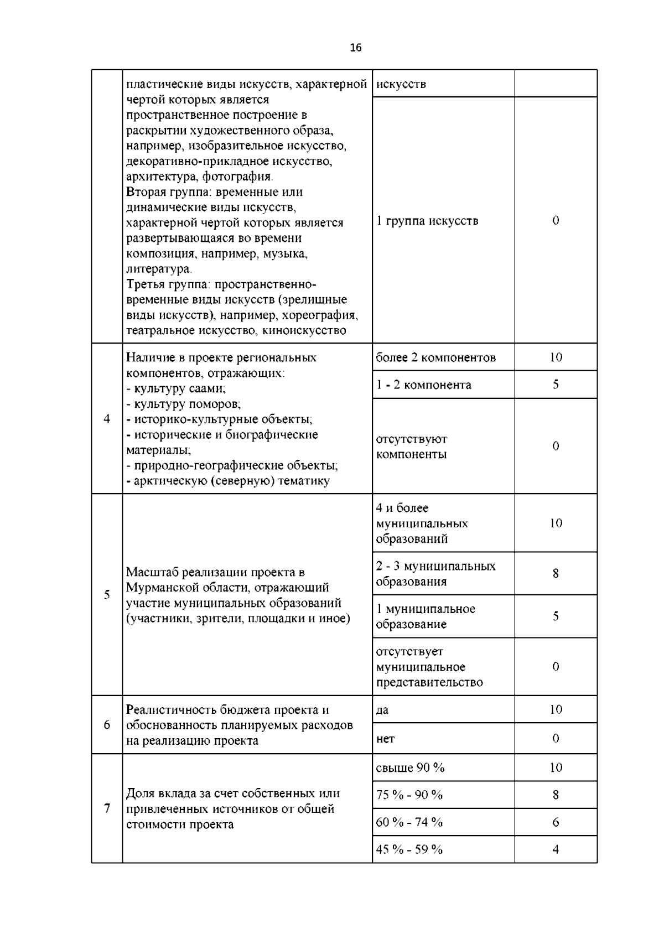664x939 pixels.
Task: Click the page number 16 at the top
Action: tap(356, 48)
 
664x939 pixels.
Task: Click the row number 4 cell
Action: tap(107, 419)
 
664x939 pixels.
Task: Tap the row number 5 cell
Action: tap(107, 595)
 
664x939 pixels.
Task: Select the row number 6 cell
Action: tap(107, 725)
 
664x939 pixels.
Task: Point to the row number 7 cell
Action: tap(107, 808)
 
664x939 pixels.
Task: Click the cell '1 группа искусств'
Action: tap(427, 221)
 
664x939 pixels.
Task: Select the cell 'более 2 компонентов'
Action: tap(436, 357)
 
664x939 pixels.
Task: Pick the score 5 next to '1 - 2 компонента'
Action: tap(556, 385)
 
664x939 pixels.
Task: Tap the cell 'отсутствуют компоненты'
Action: tap(412, 447)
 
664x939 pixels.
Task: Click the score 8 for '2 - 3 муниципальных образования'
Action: tap(556, 574)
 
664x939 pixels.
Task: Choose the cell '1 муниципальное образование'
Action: tap(426, 616)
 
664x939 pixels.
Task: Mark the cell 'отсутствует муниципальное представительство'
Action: tap(429, 667)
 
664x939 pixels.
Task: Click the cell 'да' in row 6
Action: tap(382, 710)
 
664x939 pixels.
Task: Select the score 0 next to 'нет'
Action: tap(556, 739)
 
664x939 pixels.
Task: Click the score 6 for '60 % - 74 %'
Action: tap(556, 822)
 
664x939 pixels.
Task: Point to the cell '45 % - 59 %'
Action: tap(409, 849)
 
